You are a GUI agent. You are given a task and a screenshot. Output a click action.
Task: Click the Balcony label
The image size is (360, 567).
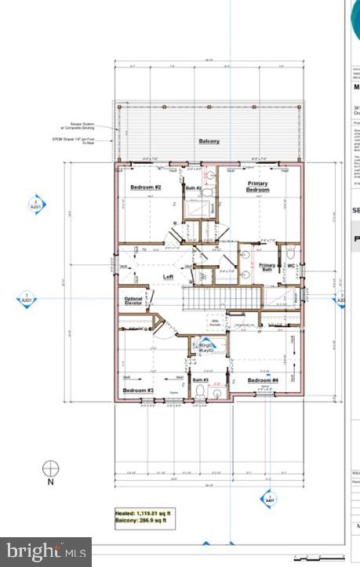point(209,142)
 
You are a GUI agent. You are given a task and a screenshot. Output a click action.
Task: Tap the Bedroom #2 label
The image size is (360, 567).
point(145,187)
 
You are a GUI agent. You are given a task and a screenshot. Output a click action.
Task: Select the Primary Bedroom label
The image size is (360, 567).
point(257,187)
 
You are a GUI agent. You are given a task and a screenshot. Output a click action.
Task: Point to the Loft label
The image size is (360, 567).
point(167,277)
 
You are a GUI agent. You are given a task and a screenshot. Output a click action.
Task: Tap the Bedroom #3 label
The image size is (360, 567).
point(137,389)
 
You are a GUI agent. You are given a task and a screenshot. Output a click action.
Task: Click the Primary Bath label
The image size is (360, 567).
point(267,267)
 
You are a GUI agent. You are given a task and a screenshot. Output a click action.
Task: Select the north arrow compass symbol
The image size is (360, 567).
point(51,469)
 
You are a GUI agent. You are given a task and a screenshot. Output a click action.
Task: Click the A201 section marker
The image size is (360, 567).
point(37,205)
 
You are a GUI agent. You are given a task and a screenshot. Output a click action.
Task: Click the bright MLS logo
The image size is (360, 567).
point(45,551)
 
